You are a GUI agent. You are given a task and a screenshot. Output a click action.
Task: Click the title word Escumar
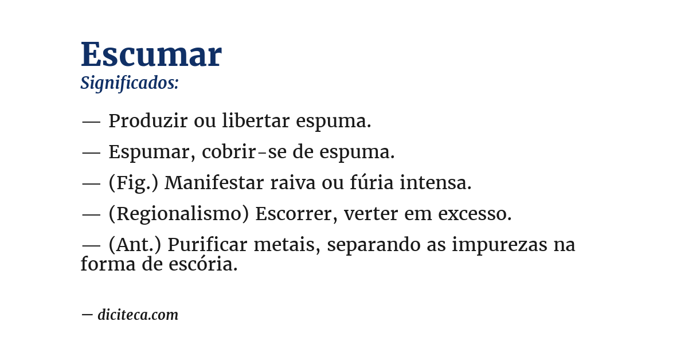(151, 55)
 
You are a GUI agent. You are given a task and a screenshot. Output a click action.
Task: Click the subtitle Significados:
(130, 83)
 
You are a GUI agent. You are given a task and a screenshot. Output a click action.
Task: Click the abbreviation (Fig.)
(134, 183)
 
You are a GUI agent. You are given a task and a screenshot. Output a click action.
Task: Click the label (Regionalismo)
(178, 214)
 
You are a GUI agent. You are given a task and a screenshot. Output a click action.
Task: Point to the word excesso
(475, 214)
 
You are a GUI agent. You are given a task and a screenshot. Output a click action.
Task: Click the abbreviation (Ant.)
(135, 245)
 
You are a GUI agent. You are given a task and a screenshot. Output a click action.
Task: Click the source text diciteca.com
(138, 315)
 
